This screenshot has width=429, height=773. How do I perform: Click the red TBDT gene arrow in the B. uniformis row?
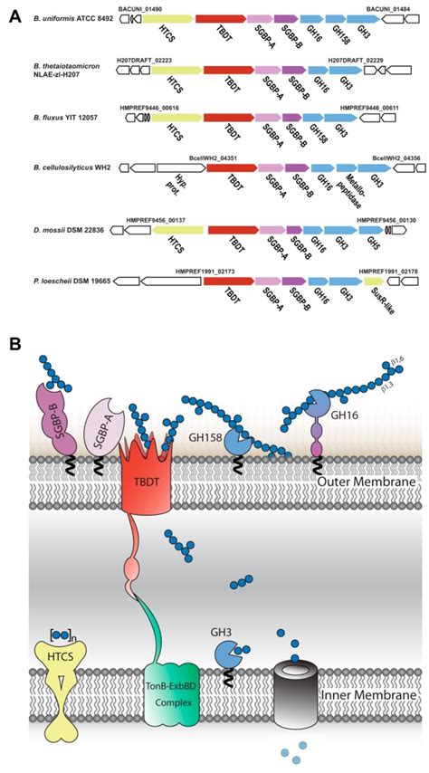pos(220,18)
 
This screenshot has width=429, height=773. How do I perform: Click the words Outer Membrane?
pos(367,482)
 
